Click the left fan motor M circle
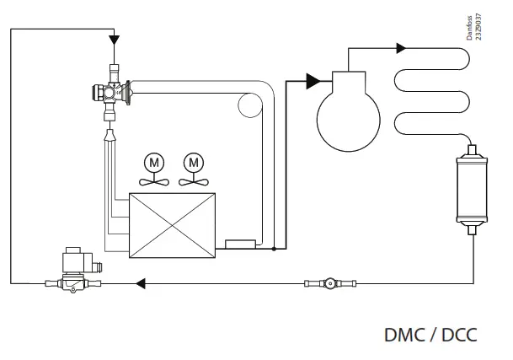[152, 160]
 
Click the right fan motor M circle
[195, 160]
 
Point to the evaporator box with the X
[173, 223]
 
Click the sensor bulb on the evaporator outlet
[242, 245]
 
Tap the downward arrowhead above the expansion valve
[114, 39]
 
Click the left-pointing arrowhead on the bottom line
[142, 283]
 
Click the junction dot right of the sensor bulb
[274, 250]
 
